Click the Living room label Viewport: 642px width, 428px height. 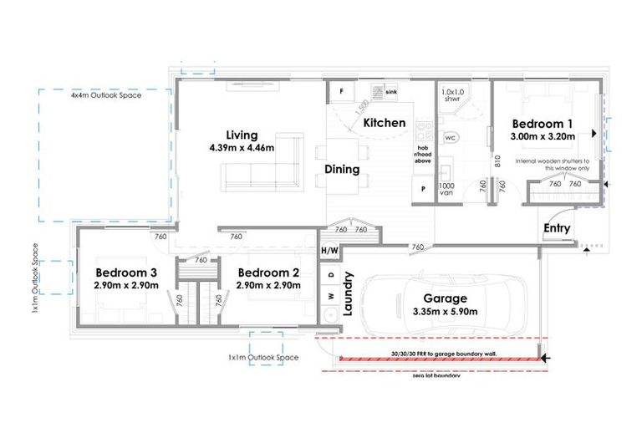click(241, 135)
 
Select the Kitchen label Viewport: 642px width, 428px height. click(385, 123)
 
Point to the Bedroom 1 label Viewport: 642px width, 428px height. click(543, 123)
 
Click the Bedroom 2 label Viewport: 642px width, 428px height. click(268, 273)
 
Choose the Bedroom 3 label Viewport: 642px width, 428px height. click(126, 273)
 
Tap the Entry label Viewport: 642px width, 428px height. click(557, 228)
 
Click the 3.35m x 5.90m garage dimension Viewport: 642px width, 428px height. click(445, 312)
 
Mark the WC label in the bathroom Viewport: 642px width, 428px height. click(449, 136)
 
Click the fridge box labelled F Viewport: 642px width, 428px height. click(341, 90)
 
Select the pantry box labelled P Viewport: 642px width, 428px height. click(423, 189)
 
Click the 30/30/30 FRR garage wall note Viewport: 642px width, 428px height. click(444, 354)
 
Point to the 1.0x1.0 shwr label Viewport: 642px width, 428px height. click(451, 94)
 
